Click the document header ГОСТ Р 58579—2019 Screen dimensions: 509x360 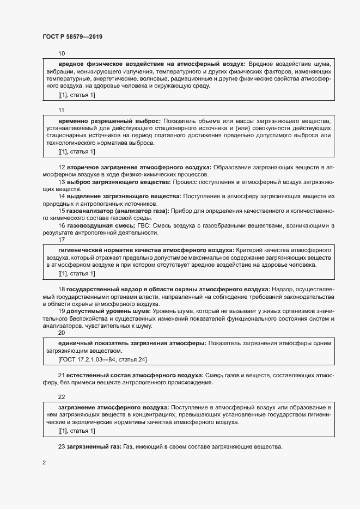tap(72, 36)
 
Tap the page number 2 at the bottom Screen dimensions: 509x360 tap(44, 463)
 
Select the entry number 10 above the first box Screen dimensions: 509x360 tap(62, 53)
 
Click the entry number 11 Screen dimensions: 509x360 tap(62, 109)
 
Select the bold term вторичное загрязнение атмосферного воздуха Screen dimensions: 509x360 tap(139, 167)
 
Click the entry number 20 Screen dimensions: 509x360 tap(62, 333)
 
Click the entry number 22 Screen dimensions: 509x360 tap(62, 396)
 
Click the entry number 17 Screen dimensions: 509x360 tap(62, 239)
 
